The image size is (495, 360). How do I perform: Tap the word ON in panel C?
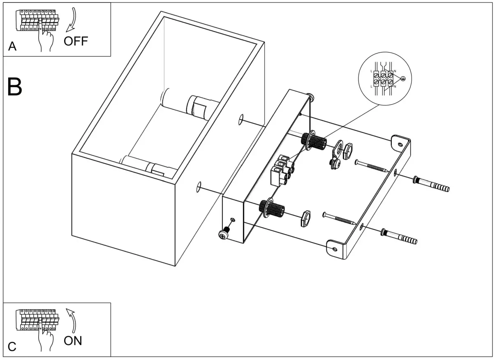click(73, 341)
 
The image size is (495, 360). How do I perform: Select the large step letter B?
click(15, 87)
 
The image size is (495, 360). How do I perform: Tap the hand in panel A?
click(45, 39)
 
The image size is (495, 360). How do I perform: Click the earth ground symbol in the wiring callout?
click(404, 79)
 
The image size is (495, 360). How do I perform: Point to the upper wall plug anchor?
click(432, 184)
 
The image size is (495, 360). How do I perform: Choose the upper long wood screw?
click(372, 166)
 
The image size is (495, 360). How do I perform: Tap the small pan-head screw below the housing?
click(225, 233)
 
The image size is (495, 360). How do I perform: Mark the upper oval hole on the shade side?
click(241, 120)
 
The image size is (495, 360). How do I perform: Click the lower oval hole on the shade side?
click(199, 187)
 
